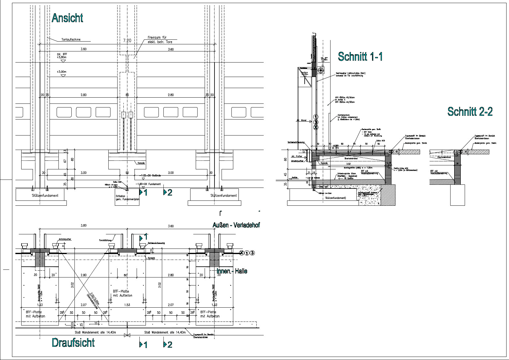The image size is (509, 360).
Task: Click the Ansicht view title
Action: tap(67, 18)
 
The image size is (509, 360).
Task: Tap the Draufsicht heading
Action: tap(73, 342)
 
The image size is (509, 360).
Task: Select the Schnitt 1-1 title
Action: tap(360, 57)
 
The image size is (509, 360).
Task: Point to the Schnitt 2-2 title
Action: tap(470, 111)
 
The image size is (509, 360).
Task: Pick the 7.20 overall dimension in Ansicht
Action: tap(127, 40)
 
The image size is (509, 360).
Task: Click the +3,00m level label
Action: tap(62, 72)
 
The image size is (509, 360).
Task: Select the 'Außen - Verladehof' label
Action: tap(236, 225)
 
